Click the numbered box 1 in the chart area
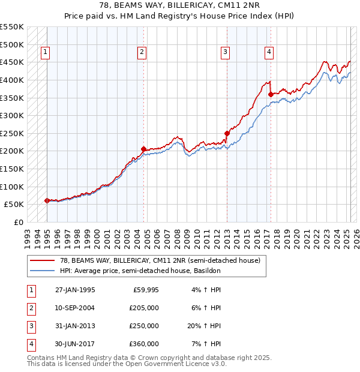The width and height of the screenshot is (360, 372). [x=46, y=53]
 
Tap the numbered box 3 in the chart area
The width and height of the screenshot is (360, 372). [x=225, y=53]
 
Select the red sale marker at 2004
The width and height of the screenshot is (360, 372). [x=144, y=149]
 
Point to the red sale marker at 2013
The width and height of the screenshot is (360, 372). [x=227, y=133]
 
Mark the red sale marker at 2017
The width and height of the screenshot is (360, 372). [x=271, y=94]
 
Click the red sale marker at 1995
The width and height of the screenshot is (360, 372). [x=47, y=200]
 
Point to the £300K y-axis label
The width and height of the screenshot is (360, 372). [x=11, y=115]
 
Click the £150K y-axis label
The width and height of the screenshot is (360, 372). [x=11, y=169]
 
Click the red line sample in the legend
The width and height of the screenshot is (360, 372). [x=43, y=261]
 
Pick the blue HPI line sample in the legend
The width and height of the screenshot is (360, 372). [x=43, y=271]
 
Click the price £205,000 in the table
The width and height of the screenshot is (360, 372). [x=144, y=308]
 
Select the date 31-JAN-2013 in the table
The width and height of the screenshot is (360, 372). [x=75, y=326]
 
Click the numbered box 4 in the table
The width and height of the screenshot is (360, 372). [x=31, y=344]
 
